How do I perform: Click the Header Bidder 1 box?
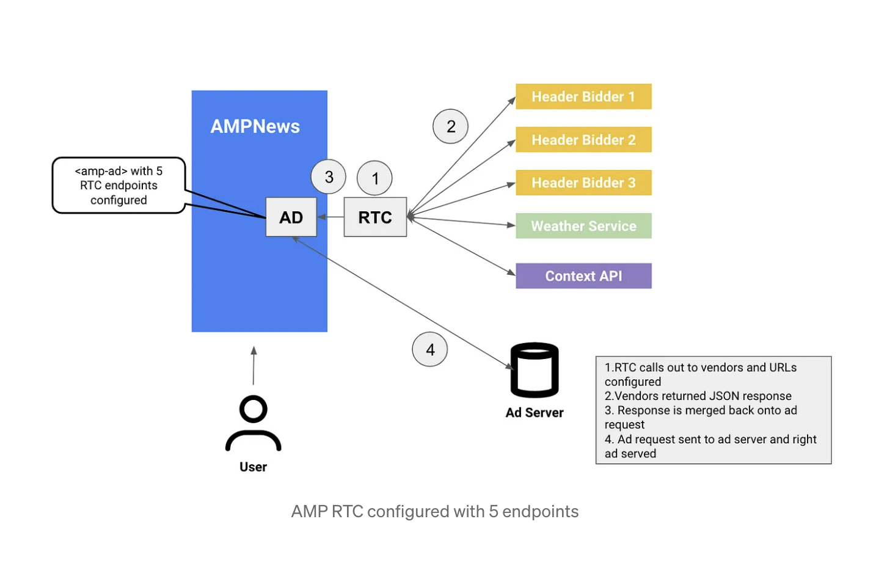(x=583, y=96)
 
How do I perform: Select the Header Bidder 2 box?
(x=583, y=140)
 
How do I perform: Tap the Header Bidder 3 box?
(x=583, y=183)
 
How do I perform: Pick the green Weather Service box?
(x=583, y=226)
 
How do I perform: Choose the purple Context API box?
(x=583, y=276)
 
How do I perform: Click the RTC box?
(x=374, y=217)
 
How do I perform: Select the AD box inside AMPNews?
(x=291, y=217)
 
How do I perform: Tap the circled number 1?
(x=374, y=178)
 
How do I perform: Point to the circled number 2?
(x=450, y=126)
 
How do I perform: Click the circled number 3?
(x=328, y=177)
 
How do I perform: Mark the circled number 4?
(x=429, y=350)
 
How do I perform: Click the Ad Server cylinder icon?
(x=534, y=371)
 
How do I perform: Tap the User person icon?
(x=253, y=424)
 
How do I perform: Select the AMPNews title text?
(x=255, y=126)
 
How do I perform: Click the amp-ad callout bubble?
(x=119, y=186)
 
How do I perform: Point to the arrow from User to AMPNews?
(x=254, y=366)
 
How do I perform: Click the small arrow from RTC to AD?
(x=330, y=217)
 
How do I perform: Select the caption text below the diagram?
(x=434, y=512)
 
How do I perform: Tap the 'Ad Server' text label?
(x=534, y=413)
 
